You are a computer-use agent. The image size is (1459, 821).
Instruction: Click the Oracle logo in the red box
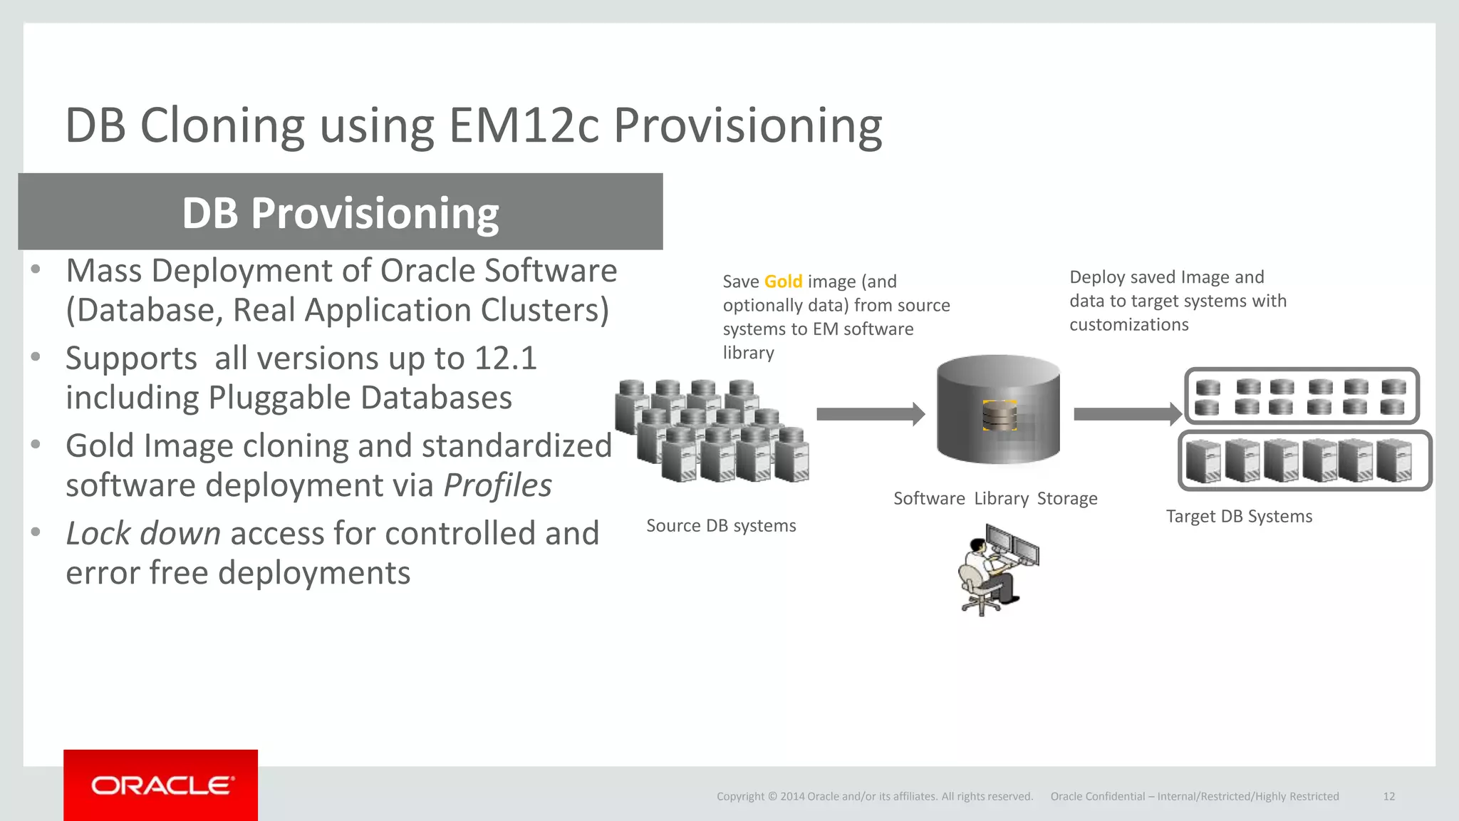click(x=161, y=785)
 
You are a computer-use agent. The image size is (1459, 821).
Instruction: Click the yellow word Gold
click(x=783, y=282)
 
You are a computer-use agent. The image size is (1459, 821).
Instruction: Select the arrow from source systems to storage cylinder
click(x=870, y=414)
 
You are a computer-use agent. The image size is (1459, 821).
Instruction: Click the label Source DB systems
click(x=721, y=526)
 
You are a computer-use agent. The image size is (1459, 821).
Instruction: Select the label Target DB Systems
click(x=1239, y=517)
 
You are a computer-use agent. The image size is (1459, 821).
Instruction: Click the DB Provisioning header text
click(x=341, y=213)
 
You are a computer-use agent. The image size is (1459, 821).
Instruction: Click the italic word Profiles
click(x=497, y=486)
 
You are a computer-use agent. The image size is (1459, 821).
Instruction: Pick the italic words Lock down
click(x=143, y=534)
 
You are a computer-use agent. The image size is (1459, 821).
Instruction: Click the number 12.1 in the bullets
click(x=505, y=358)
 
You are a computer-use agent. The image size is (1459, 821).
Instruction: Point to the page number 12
click(x=1388, y=797)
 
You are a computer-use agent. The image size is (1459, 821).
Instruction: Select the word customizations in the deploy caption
click(x=1128, y=325)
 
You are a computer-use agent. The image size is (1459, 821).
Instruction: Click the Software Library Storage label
click(x=995, y=499)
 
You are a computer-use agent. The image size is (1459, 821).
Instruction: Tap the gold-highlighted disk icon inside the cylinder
click(x=1000, y=415)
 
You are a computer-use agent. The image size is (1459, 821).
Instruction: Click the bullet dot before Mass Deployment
click(x=36, y=270)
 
